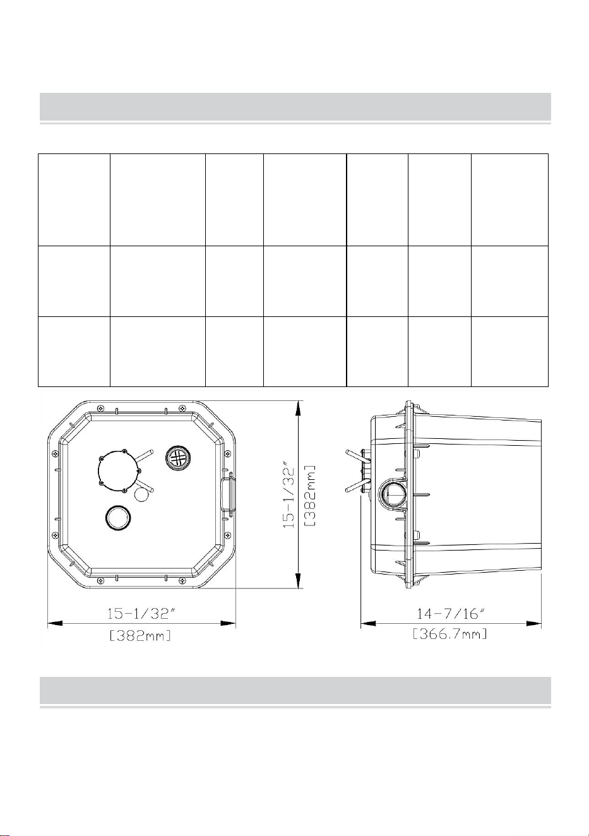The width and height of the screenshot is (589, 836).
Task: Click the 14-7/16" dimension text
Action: pyautogui.click(x=450, y=614)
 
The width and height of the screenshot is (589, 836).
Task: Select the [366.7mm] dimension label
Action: pyautogui.click(x=449, y=634)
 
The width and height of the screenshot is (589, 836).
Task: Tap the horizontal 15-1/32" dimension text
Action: pyautogui.click(x=141, y=614)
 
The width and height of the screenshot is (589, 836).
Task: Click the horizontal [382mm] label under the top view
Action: pyautogui.click(x=140, y=635)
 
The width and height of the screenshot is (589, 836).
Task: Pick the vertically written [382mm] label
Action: pyautogui.click(x=310, y=496)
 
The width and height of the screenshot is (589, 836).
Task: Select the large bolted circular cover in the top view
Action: pyautogui.click(x=119, y=470)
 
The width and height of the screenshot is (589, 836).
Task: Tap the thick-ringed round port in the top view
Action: pyautogui.click(x=118, y=517)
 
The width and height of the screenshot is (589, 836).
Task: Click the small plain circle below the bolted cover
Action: pyautogui.click(x=141, y=495)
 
